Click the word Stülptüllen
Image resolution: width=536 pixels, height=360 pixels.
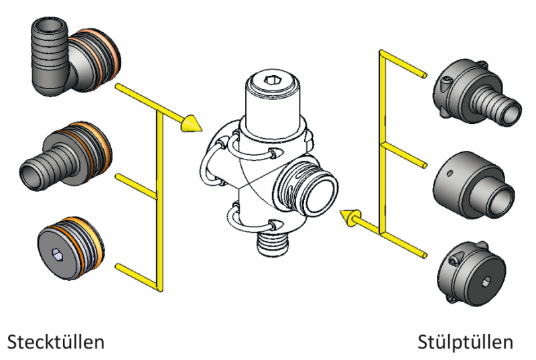[x=466, y=341]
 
